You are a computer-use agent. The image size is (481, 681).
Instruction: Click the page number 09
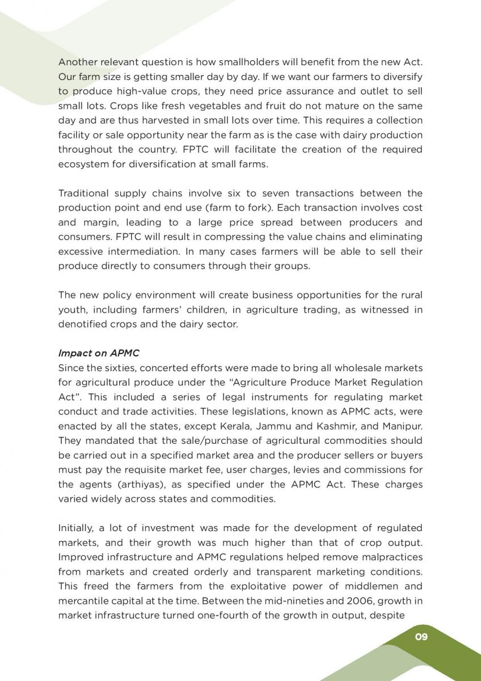421,637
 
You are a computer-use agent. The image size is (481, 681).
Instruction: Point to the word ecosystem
82,165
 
